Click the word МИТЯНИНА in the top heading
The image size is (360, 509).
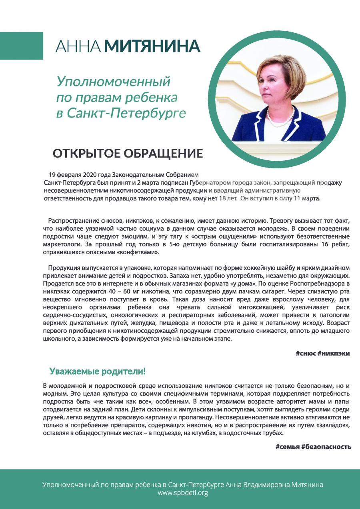[152, 46]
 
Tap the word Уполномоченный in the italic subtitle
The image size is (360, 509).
[114, 82]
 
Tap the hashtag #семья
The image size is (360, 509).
[288, 447]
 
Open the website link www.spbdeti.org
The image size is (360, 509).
[183, 493]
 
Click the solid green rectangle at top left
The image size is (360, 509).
[21, 46]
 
